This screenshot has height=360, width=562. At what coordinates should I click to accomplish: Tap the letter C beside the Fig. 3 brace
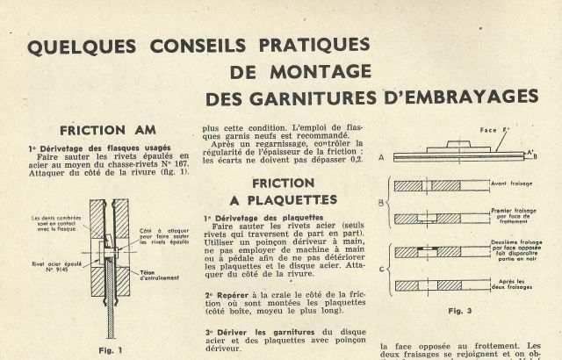380,268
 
